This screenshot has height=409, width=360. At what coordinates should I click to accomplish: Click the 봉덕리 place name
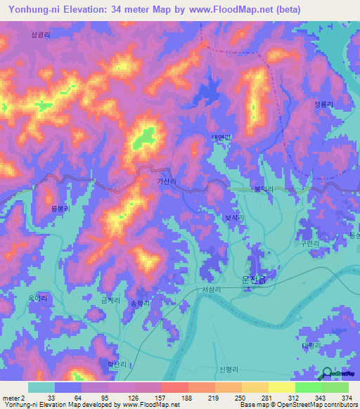(x=263, y=189)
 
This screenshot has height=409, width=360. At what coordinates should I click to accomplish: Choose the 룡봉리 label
(x=62, y=209)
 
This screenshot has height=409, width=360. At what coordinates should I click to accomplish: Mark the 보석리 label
(x=233, y=218)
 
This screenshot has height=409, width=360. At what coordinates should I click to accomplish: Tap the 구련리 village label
(x=310, y=242)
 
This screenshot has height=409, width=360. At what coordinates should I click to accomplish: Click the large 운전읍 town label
(x=259, y=278)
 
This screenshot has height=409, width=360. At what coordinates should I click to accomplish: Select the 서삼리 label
(x=211, y=289)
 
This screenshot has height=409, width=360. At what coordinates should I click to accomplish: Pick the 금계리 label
(x=111, y=300)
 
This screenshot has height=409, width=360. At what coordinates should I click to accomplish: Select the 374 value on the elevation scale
(x=345, y=398)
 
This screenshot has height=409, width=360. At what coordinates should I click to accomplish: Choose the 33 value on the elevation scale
(x=51, y=398)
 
